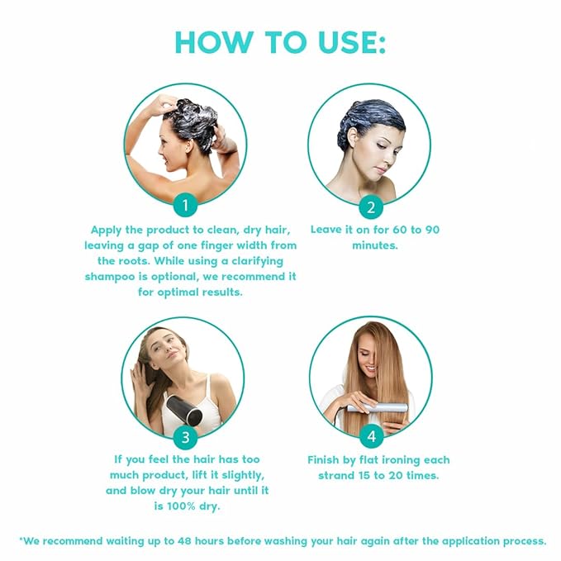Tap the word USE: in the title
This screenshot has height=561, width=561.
click(x=348, y=43)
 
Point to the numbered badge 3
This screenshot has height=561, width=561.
click(x=186, y=438)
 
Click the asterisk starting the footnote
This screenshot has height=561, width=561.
click(x=19, y=540)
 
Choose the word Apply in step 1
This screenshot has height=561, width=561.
click(x=107, y=230)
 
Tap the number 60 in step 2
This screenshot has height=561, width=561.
click(x=399, y=230)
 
